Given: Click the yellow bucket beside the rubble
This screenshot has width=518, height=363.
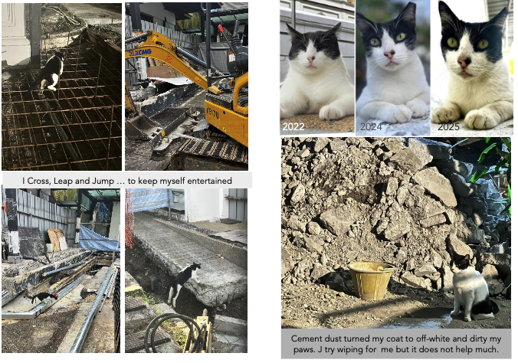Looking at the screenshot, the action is (x=372, y=280).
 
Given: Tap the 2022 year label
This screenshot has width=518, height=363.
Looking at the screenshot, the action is (x=293, y=126).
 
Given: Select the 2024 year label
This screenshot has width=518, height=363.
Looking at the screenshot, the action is (x=371, y=126).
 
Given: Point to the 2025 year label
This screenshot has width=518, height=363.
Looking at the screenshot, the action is (x=448, y=126).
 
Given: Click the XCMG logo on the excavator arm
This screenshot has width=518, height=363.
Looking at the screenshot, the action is (x=140, y=52).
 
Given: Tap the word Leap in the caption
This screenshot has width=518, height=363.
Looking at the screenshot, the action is (x=62, y=181).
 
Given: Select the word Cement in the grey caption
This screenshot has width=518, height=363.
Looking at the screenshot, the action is (x=304, y=338).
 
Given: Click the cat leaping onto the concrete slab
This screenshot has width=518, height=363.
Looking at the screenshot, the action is (x=182, y=283).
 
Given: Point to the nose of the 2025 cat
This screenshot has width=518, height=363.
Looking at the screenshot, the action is (x=464, y=61).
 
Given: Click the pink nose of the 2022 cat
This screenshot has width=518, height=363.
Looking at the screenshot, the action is (x=311, y=60).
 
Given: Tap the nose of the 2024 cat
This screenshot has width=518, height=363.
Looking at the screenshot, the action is (x=389, y=54).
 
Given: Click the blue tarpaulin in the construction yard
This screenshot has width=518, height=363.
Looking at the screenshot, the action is (x=98, y=238).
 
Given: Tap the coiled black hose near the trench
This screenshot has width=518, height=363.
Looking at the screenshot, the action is (x=172, y=332).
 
